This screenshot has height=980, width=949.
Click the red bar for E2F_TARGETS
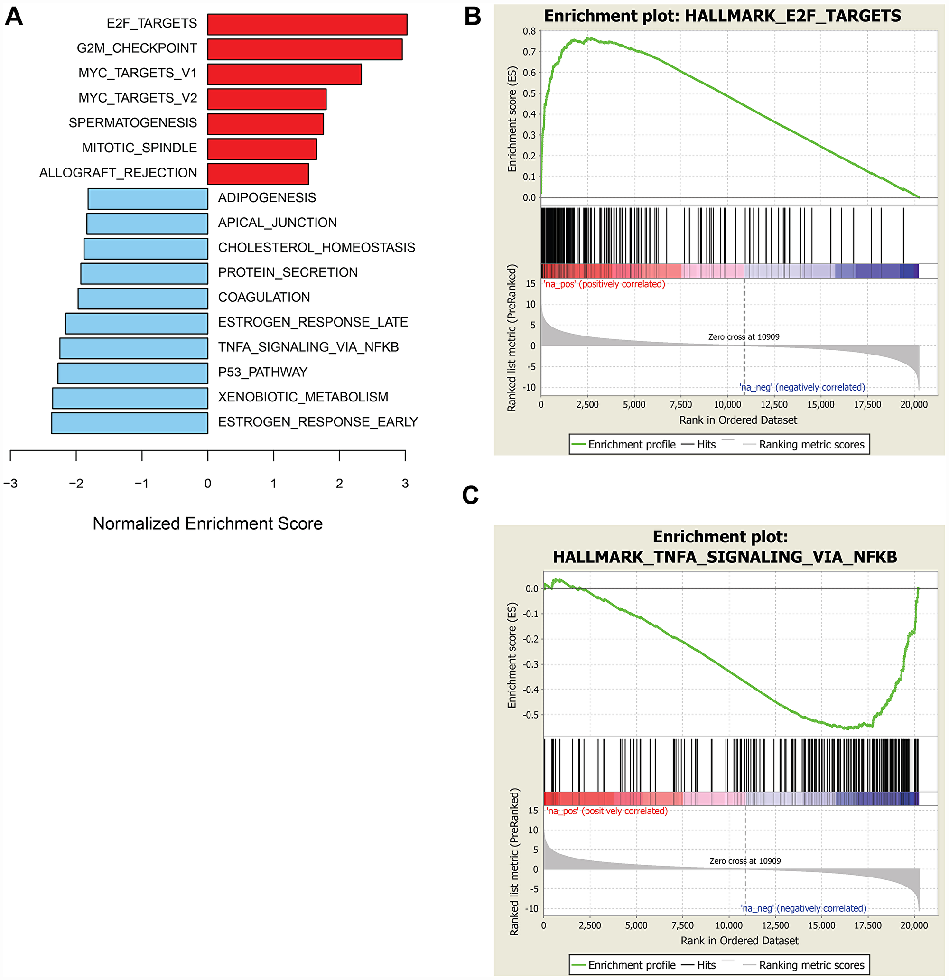307,25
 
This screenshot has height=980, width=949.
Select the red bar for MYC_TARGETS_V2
267,99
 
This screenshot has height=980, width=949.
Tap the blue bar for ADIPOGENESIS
148,198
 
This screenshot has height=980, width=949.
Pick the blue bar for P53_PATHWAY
132,373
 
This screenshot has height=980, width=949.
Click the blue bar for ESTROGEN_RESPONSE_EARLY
130,423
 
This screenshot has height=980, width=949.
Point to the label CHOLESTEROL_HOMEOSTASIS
316,248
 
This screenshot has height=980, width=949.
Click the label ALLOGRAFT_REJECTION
118,173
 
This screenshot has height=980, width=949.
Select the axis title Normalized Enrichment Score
207,523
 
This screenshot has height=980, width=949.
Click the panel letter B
472,16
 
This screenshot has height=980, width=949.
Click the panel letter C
470,495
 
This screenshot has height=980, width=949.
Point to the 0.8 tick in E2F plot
529,31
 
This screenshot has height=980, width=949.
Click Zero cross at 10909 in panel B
743,337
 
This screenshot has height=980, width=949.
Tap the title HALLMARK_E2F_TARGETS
722,16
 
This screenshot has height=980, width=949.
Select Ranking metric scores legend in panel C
811,965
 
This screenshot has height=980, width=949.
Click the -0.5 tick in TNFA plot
530,715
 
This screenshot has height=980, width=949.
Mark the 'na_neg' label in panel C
803,908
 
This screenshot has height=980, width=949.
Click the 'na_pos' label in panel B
604,284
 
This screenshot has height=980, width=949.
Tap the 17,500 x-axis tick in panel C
867,925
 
